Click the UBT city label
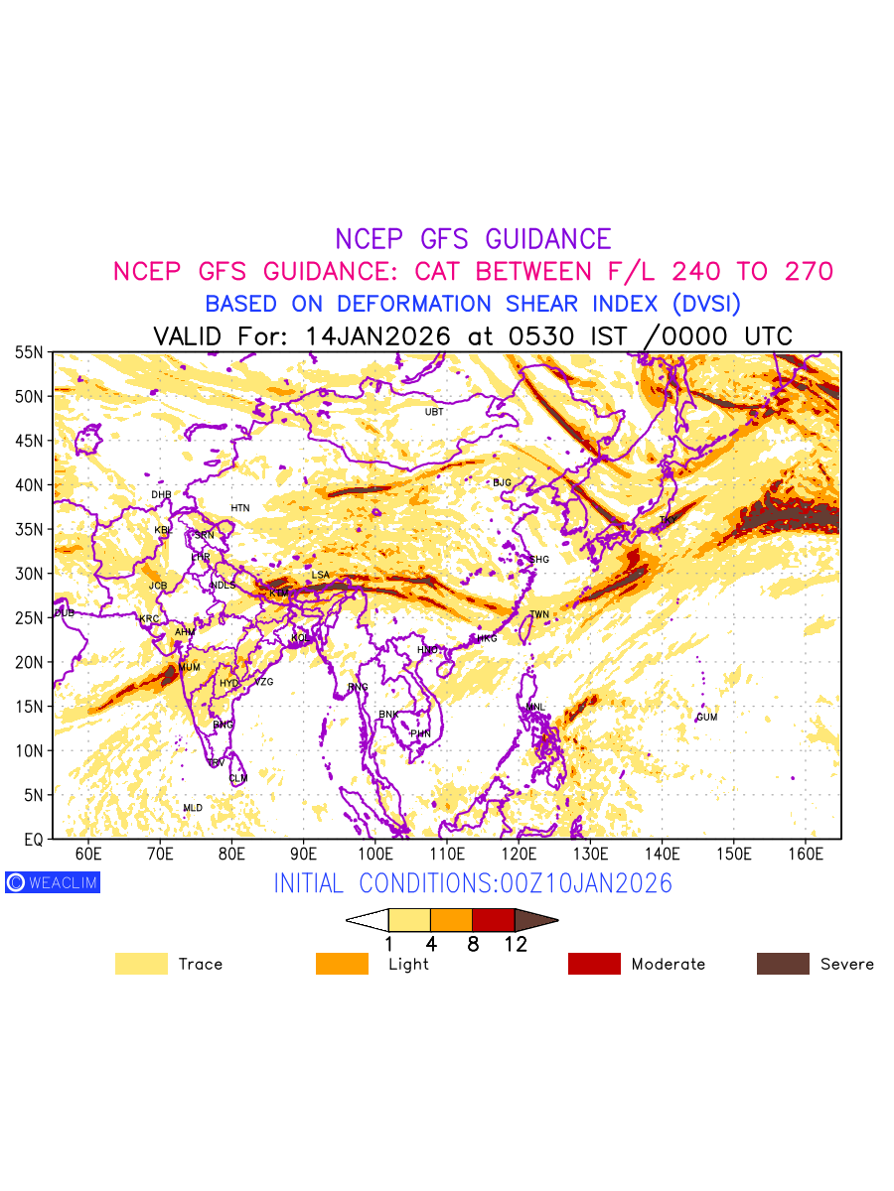[434, 412]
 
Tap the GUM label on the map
[706, 718]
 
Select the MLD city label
[193, 809]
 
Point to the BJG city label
[502, 483]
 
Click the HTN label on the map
[240, 508]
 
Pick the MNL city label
[535, 708]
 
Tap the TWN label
[539, 615]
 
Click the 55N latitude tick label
[29, 352]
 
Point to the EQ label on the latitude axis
[33, 840]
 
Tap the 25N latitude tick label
[29, 618]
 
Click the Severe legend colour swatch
[783, 964]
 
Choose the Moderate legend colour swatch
[594, 964]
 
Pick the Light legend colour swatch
[342, 964]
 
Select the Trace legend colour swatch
[141, 964]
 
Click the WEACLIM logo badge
[53, 882]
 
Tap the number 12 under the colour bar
[515, 945]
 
